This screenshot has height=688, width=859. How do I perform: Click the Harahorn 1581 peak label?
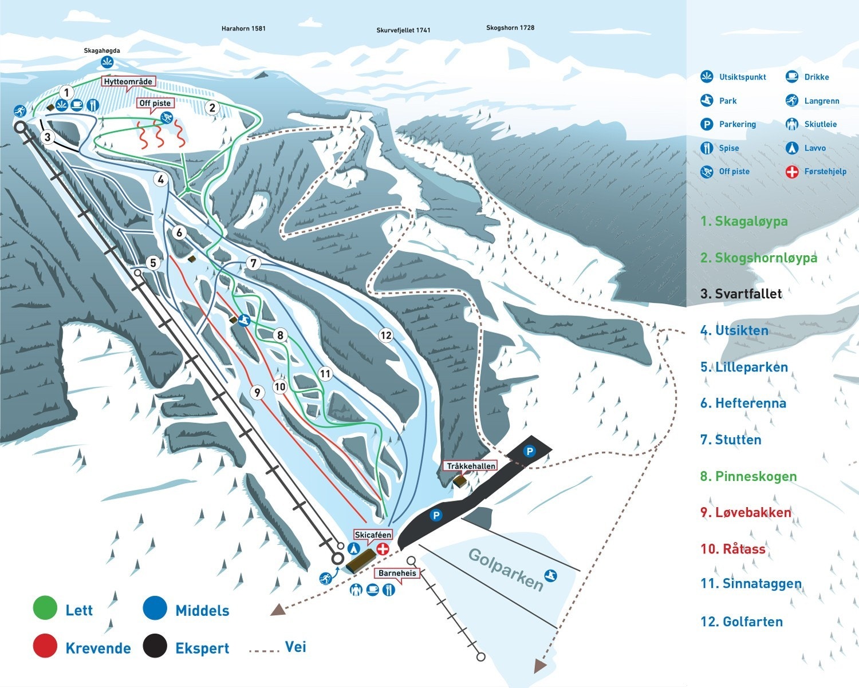point(243,28)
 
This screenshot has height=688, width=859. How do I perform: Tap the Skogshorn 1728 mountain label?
point(510,27)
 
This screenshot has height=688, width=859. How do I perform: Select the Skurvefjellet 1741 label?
point(403,30)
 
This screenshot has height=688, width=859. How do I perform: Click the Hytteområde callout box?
point(128,82)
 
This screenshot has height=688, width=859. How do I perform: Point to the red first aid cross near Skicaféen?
point(382,548)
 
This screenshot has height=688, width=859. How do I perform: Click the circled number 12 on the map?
point(386,335)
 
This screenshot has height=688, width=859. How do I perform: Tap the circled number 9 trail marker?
point(257,392)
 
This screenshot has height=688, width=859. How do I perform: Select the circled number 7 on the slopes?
point(253,263)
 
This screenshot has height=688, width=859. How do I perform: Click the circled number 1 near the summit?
point(66,93)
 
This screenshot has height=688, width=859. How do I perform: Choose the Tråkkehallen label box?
point(471,466)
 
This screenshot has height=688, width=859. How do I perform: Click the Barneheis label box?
point(397,573)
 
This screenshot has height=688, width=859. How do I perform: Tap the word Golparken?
point(506,569)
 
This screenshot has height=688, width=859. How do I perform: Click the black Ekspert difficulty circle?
point(155,646)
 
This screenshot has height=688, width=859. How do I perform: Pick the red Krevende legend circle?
point(45,646)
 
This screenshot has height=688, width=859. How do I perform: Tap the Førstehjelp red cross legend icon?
point(791,172)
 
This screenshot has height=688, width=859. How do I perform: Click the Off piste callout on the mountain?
point(155,103)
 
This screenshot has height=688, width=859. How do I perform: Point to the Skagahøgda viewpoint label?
point(102,51)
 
